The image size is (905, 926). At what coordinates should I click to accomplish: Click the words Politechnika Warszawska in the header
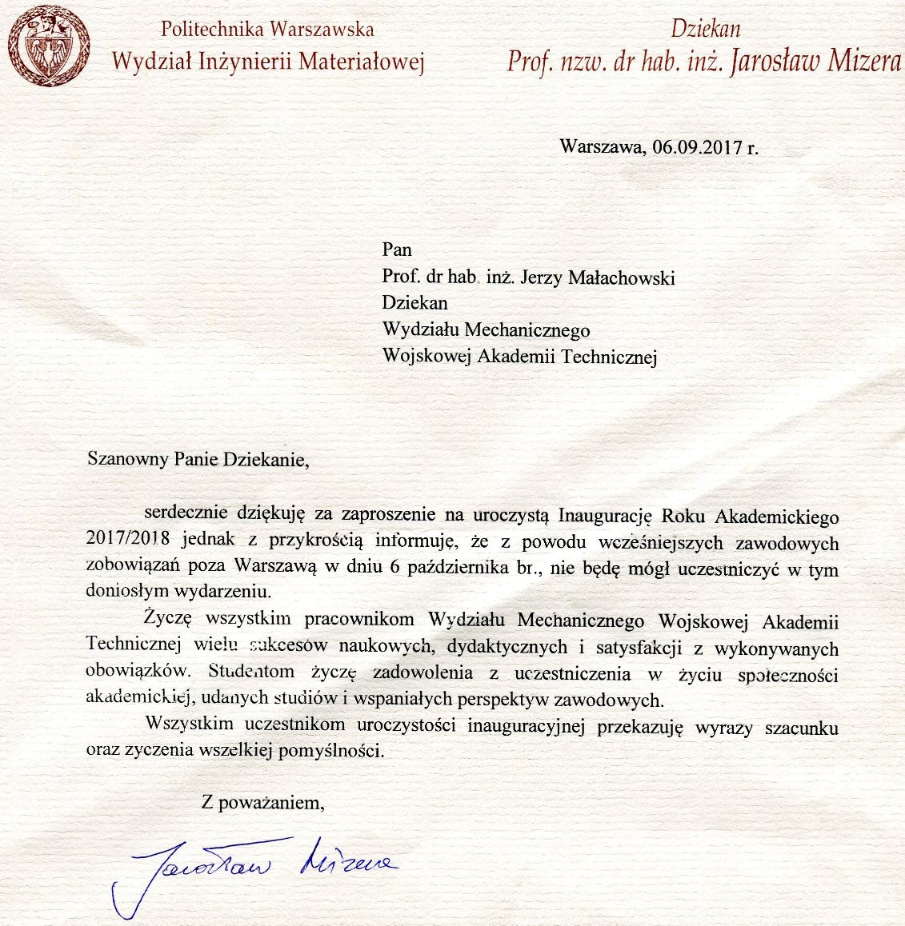267,30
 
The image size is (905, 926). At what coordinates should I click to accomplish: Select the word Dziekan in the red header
706,30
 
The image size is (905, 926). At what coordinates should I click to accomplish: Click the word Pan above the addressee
397,249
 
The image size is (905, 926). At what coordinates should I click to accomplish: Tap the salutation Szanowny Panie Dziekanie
197,460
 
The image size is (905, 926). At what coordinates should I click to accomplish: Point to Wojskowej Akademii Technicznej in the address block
519,357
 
